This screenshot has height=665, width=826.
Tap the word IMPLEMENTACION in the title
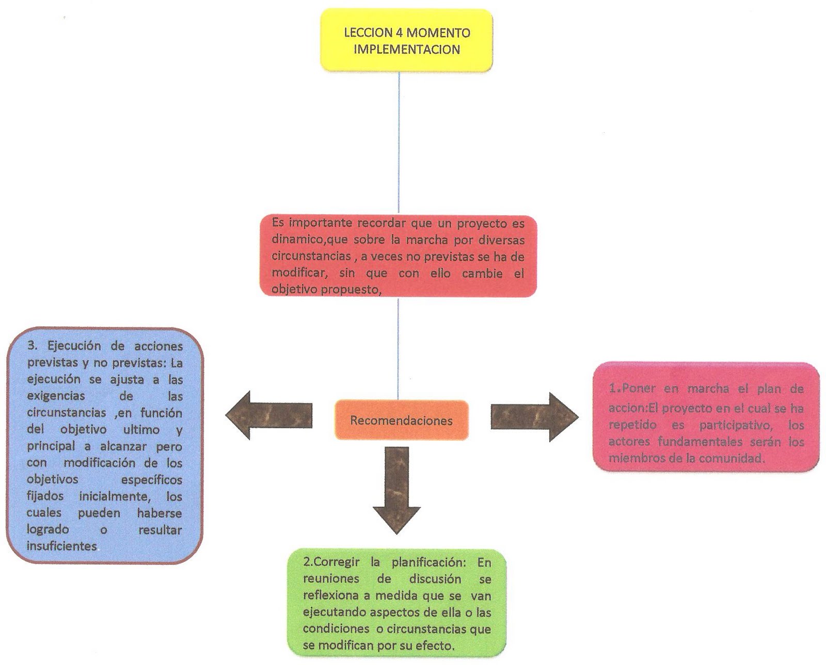point(406,50)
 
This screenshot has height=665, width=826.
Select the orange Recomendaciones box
point(401,420)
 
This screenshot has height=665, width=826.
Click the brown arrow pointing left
point(268,415)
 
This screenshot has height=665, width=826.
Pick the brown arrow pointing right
point(534,416)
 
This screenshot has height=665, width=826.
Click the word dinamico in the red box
point(296,240)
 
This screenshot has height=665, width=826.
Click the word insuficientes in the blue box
point(62,546)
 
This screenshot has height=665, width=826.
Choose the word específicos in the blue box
point(151,480)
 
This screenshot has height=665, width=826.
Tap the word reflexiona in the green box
point(330,595)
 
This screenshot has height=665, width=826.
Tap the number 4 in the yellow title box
point(400,33)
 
